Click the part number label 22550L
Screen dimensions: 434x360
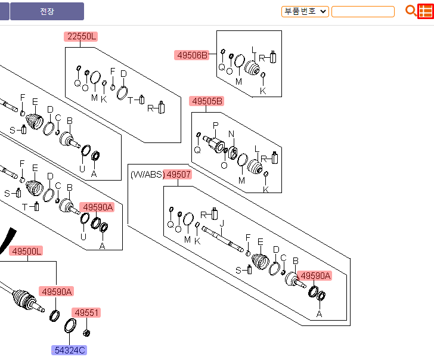(80, 36)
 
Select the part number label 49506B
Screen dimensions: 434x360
(192, 55)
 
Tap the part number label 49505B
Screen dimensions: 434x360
(207, 101)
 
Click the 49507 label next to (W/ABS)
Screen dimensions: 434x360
(178, 175)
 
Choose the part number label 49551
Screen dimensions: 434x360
(86, 312)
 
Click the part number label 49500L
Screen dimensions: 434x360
(27, 252)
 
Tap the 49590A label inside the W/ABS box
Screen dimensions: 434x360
(314, 276)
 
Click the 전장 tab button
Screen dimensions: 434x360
(46, 11)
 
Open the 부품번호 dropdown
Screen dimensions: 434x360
(305, 11)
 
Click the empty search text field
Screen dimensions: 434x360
(362, 11)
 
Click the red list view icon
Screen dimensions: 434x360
(425, 11)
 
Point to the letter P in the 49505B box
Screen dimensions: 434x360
(216, 126)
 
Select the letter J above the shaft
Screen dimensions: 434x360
(222, 224)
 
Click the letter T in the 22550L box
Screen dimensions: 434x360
(131, 100)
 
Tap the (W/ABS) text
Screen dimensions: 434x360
(146, 175)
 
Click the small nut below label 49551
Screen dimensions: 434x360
(87, 331)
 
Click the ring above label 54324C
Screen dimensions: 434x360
(70, 325)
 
